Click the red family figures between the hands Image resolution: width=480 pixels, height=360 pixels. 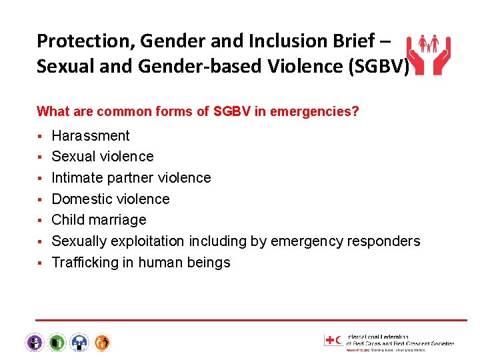pos(428,45)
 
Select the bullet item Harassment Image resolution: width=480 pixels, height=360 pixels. pos(91,136)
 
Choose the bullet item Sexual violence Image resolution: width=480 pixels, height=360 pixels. pos(103,157)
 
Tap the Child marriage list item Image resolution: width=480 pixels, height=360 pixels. pos(99,220)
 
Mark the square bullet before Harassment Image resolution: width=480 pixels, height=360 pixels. pos(41,137)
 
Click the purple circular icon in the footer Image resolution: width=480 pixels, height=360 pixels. pos(35,343)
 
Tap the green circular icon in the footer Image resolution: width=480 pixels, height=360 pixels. pos(57,343)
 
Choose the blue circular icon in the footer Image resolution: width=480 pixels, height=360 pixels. pos(79,343)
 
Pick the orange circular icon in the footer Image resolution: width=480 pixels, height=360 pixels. pos(102,343)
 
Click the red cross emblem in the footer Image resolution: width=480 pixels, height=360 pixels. pos(331,340)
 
